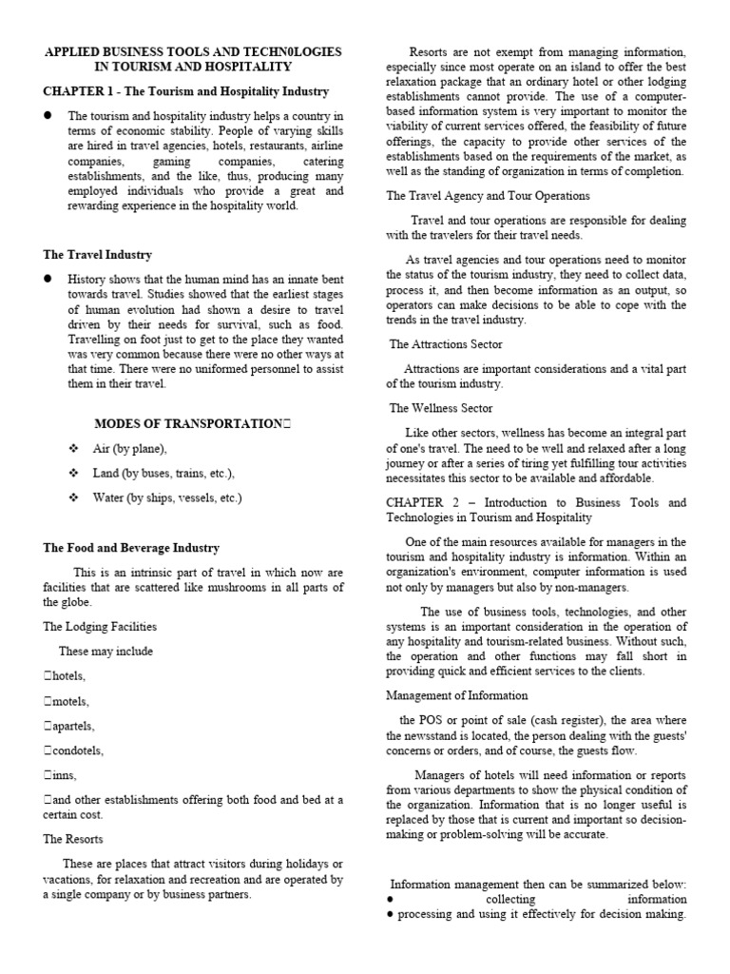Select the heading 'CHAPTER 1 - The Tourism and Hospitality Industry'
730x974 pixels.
[x=186, y=91]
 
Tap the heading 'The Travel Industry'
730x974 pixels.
[x=97, y=255]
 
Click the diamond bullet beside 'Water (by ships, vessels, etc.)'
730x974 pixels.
[x=72, y=497]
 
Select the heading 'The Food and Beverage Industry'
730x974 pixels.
[x=131, y=548]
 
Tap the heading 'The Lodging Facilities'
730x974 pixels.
[x=100, y=627]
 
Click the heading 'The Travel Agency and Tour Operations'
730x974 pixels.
[x=488, y=195]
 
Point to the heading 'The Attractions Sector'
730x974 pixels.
[x=446, y=344]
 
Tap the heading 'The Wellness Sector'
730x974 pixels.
[x=441, y=408]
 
